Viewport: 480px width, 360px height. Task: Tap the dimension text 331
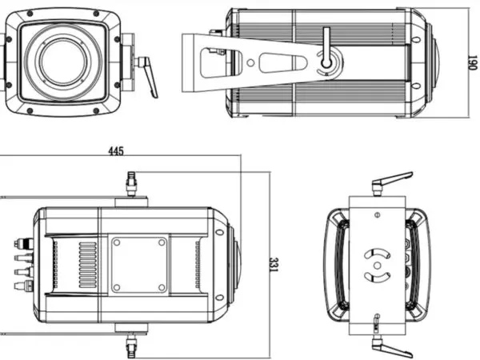pyautogui.click(x=274, y=265)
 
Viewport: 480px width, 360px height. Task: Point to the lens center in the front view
pyautogui.click(x=61, y=61)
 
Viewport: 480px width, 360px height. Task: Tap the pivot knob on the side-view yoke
pyautogui.click(x=326, y=60)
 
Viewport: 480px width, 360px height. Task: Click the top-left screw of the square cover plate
pyautogui.click(x=117, y=241)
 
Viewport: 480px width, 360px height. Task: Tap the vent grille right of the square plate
pyautogui.click(x=197, y=264)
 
